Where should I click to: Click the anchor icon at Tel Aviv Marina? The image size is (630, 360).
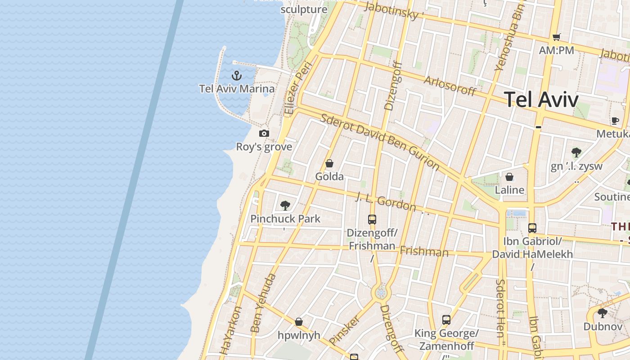point(237,76)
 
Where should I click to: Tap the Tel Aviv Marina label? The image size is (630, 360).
point(237,89)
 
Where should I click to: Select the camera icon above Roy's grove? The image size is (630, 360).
point(264,133)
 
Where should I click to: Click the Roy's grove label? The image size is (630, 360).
point(264,147)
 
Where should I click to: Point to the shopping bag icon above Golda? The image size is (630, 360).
point(329,163)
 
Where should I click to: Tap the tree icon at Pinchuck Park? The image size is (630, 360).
point(285,206)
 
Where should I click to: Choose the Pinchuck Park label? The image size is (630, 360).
point(285,219)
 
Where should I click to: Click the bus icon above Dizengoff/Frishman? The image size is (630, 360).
point(372,220)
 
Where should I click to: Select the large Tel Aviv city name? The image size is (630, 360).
point(541,99)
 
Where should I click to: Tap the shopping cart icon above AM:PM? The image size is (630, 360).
point(557,37)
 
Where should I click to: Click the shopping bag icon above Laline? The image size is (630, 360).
point(509,177)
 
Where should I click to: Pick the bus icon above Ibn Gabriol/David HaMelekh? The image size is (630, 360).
point(532,228)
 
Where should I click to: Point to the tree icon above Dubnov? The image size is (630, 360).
point(603,313)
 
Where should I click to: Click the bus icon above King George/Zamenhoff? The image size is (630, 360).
point(446,320)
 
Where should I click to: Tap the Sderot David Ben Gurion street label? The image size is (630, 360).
point(380,142)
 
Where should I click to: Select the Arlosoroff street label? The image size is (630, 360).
point(450,85)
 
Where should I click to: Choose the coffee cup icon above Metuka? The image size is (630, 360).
point(615,121)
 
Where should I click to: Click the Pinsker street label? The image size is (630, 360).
point(345,330)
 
